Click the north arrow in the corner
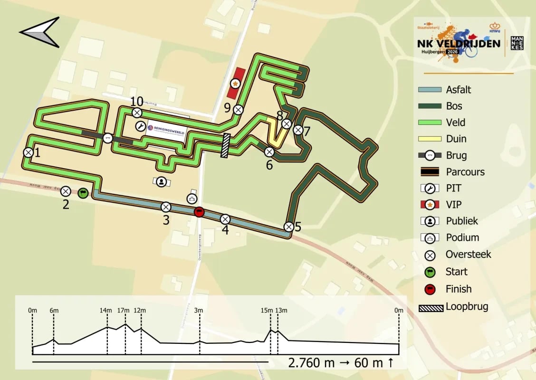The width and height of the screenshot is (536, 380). coord(40,32)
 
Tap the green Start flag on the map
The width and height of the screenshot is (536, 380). coord(83,193)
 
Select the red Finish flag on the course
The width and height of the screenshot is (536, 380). coord(200,212)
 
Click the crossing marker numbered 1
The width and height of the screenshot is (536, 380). coord(28,152)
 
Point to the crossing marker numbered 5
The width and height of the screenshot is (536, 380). coord(288,227)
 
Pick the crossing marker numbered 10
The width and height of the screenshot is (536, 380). coord(137,113)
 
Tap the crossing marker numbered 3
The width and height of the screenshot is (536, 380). coord(166,207)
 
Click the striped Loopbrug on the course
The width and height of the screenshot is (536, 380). coord(226,145)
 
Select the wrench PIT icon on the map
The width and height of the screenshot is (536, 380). coord(141,126)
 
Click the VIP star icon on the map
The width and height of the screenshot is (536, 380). coord(235,84)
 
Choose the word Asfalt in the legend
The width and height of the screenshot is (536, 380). coord(459,89)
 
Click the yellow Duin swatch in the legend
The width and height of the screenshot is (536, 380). coord(430,139)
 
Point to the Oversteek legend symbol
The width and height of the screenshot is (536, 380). coord(430,255)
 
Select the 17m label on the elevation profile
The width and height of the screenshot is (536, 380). coord(123,311)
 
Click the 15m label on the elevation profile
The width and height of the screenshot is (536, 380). coord(267,311)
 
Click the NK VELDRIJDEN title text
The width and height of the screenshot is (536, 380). coord(459,44)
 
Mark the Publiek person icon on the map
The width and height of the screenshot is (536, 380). coord(162,181)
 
